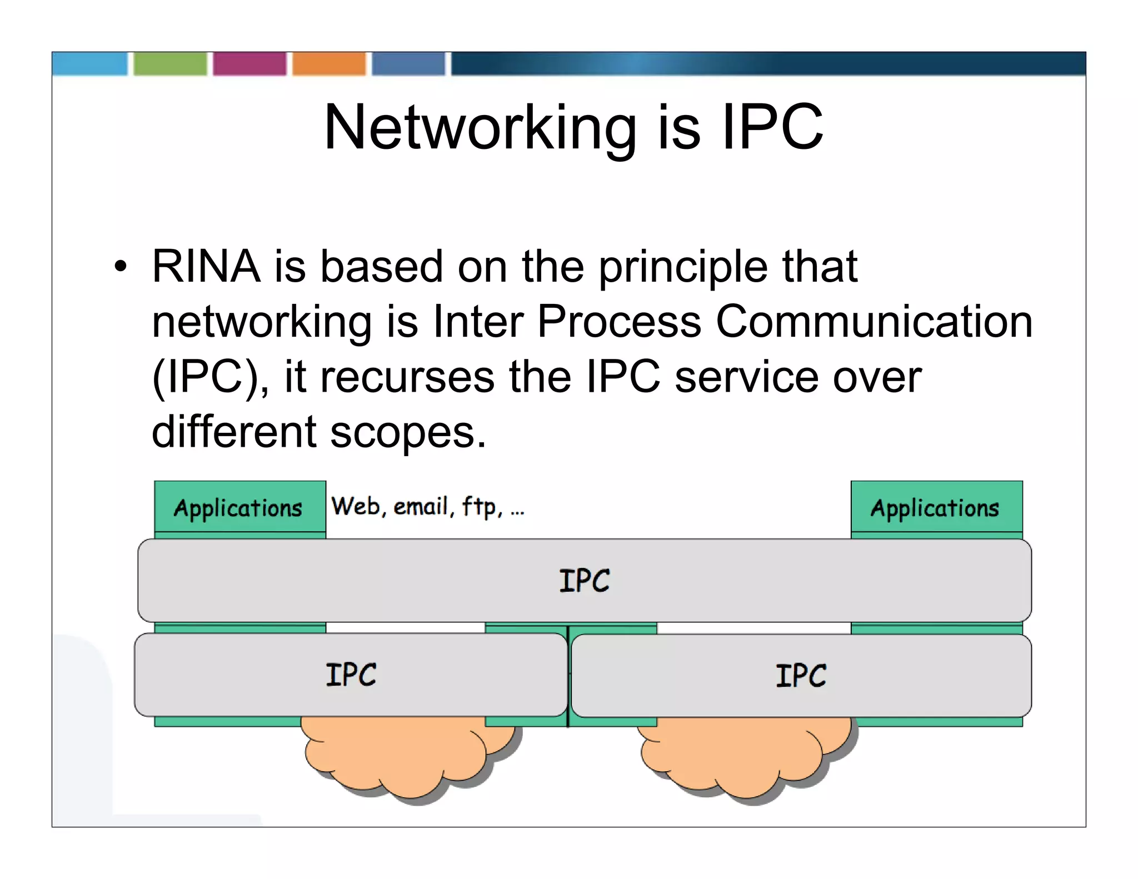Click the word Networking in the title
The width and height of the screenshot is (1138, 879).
[x=480, y=128]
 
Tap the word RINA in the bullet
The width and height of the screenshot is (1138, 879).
[x=206, y=267]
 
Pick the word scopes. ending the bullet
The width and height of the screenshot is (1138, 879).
[x=408, y=432]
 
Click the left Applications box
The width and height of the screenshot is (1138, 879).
[x=239, y=507]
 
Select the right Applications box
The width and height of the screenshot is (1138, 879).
[x=936, y=507]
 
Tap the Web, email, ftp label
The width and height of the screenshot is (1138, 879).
[x=427, y=506]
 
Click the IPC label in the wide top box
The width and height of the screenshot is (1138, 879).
[x=584, y=581]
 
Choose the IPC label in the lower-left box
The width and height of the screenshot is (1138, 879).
[x=351, y=675]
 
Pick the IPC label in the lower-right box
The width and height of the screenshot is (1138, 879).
[x=801, y=676]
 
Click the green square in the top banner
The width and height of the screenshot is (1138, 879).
[x=170, y=63]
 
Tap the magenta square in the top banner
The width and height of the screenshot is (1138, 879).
[x=249, y=63]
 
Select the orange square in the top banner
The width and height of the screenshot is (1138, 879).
[x=329, y=63]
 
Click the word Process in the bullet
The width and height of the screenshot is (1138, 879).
[x=619, y=322]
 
